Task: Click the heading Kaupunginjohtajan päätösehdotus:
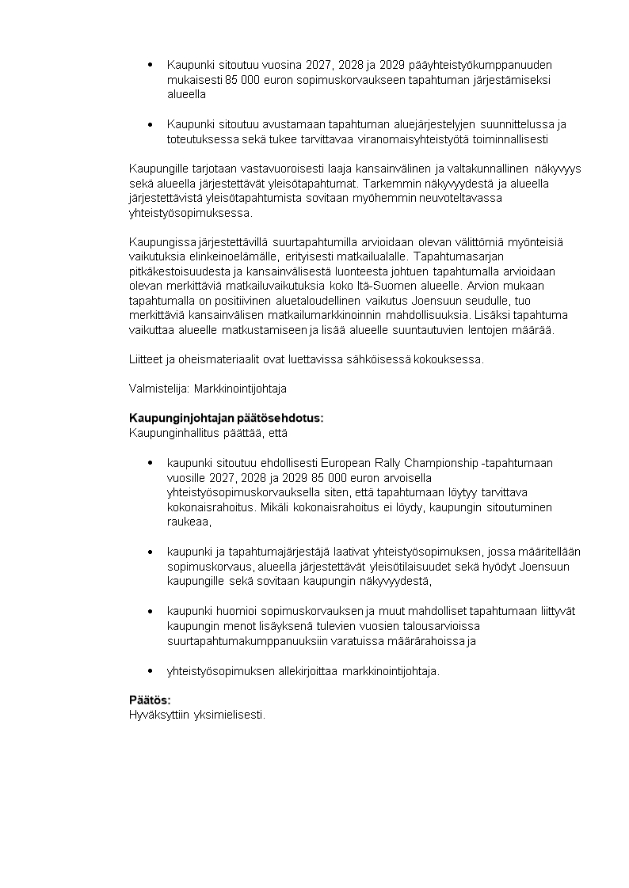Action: click(226, 418)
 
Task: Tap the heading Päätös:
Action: click(150, 700)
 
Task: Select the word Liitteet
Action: click(147, 359)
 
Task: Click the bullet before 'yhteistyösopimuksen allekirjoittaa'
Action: click(151, 671)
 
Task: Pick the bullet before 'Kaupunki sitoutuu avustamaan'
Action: click(151, 124)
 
